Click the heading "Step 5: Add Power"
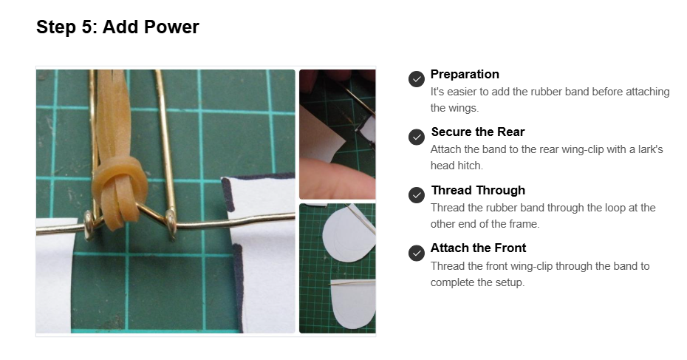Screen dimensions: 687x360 (x=117, y=27)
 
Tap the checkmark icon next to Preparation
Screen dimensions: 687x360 (x=416, y=79)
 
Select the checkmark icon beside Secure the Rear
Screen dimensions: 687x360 (x=416, y=137)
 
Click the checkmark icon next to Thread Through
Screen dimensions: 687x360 (x=416, y=195)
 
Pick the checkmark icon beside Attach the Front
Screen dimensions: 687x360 (x=416, y=253)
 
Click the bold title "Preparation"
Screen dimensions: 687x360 (x=465, y=74)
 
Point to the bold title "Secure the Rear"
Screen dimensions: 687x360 (x=477, y=132)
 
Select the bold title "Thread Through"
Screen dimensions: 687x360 (x=478, y=190)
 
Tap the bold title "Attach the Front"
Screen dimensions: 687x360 (x=478, y=248)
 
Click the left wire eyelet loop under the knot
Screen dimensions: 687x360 (x=89, y=225)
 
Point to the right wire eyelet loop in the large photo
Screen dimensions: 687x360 (x=171, y=225)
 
